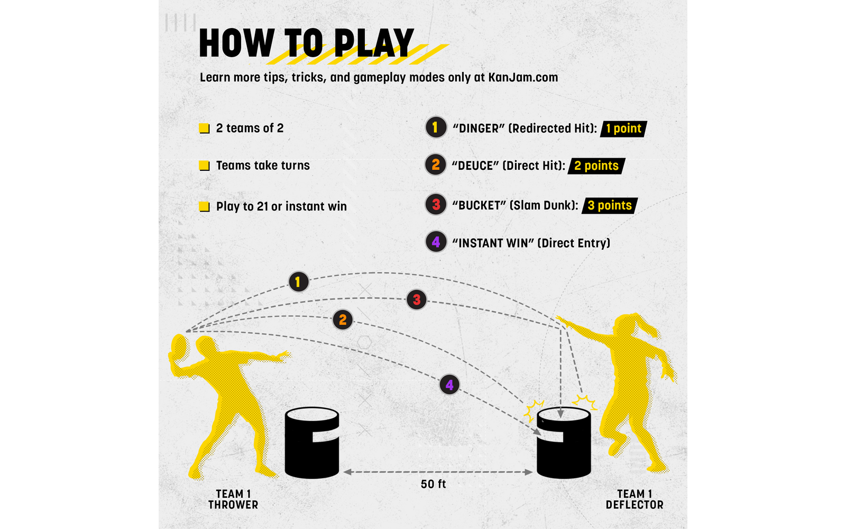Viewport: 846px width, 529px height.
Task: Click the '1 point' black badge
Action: (x=623, y=129)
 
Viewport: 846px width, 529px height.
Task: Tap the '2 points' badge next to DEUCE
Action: (x=596, y=166)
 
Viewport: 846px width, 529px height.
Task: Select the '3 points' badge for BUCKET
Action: (x=610, y=206)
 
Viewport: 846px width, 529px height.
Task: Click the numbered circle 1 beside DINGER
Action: (x=436, y=127)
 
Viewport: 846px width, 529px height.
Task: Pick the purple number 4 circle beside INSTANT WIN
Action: (x=436, y=242)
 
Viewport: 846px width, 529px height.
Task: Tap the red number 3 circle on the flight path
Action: (x=417, y=299)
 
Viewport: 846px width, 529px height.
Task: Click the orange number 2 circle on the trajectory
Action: (x=343, y=320)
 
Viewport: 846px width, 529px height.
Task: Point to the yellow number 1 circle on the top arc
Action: (x=298, y=282)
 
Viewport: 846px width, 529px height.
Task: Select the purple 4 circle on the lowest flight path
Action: (x=449, y=385)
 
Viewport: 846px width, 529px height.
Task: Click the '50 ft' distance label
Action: (x=433, y=484)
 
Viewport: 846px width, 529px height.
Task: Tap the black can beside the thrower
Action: (x=311, y=443)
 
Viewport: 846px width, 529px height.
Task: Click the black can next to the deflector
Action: (x=564, y=443)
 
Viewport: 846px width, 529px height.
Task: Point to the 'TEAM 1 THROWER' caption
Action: (x=233, y=499)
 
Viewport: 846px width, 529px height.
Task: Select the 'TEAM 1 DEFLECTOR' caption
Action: (x=635, y=499)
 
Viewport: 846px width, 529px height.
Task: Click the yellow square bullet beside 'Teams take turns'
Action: (x=204, y=166)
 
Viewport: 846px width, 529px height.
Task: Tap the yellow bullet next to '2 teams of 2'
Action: (x=204, y=129)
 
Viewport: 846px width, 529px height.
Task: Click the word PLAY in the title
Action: (x=374, y=43)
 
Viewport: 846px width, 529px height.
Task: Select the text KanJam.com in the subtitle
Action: (x=523, y=77)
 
